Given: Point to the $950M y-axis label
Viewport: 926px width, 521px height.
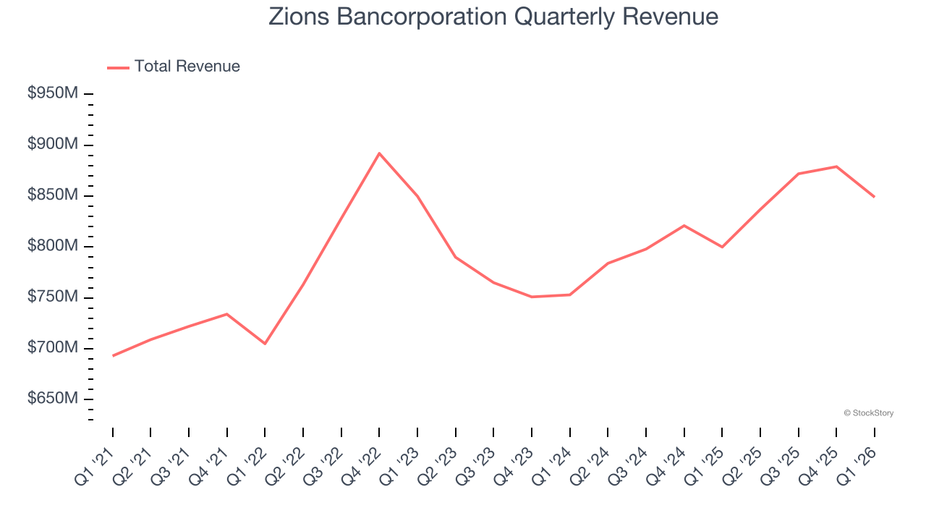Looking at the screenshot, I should [52, 94].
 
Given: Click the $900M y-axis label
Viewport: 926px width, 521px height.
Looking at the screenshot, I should [52, 145].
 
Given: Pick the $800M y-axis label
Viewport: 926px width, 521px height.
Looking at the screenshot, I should [52, 247].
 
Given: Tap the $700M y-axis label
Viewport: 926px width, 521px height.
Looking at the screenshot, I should [52, 348].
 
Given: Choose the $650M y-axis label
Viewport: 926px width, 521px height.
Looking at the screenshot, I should [52, 399].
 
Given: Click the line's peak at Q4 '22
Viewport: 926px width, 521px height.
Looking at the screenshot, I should [379, 153].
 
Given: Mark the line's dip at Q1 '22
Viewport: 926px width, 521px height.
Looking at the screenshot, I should [265, 343].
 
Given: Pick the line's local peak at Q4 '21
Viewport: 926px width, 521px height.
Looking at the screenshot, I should [227, 314].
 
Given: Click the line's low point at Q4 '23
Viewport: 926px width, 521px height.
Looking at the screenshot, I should [532, 297].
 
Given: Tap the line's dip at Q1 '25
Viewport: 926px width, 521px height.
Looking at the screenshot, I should [722, 247].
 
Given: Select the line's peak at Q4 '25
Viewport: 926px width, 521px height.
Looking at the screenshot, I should [836, 166].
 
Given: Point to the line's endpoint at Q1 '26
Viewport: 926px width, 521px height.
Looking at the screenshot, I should [874, 197].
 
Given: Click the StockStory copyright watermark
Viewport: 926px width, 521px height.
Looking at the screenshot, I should [868, 413].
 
